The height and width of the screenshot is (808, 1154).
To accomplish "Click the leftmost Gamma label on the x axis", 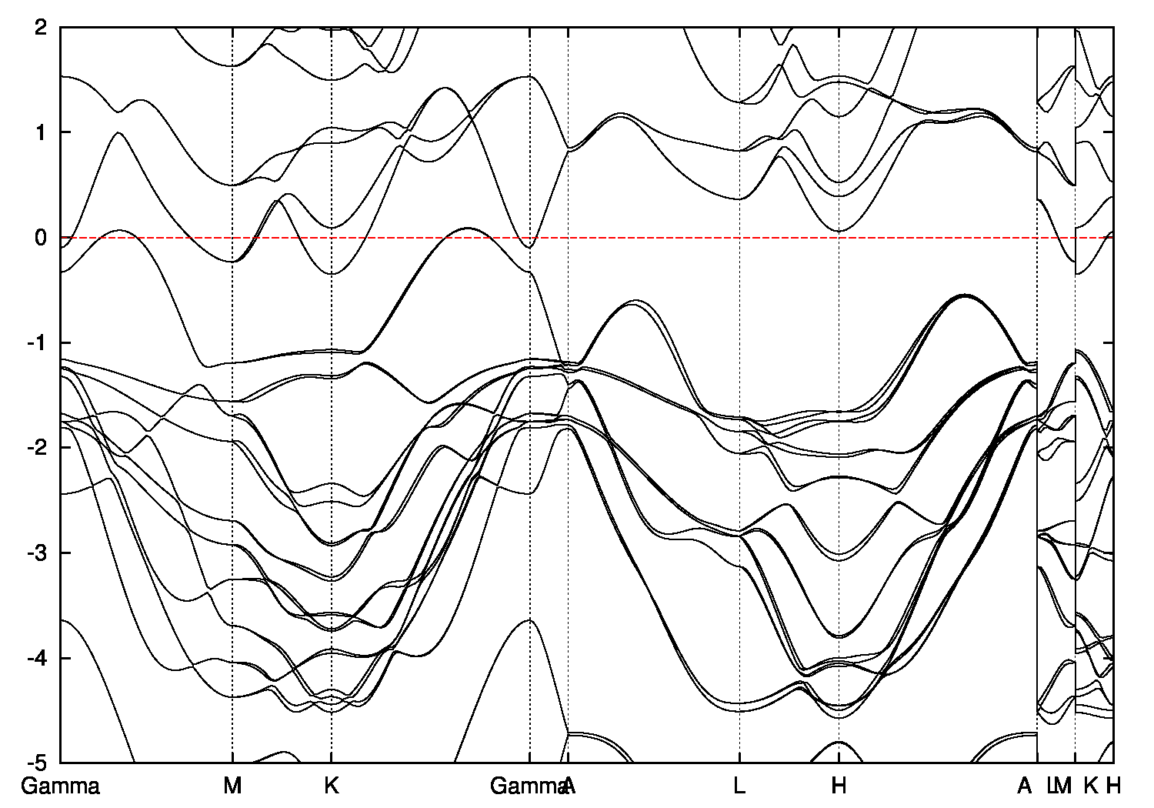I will point(60,786).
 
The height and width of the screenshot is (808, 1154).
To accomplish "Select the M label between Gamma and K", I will point(232,786).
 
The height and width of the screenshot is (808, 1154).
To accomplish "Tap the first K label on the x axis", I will point(332,786).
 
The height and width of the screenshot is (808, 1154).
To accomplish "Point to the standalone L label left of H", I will point(739,786).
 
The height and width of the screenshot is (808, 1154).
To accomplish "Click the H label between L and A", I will point(839,786).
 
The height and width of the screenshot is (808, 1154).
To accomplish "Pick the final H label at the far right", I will point(1113,786).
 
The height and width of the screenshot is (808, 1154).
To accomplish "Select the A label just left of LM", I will point(1024,786).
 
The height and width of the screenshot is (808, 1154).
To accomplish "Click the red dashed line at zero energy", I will point(654,238).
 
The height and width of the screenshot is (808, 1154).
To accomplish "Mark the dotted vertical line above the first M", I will point(232,462).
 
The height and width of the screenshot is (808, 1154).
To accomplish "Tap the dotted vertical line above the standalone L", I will point(739,462).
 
